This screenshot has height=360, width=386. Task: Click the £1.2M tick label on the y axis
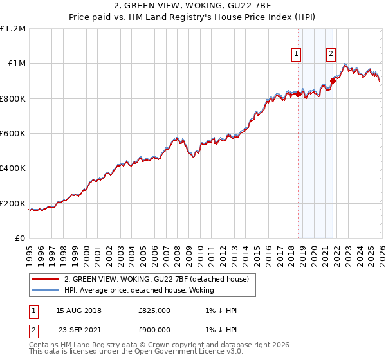point(14,29)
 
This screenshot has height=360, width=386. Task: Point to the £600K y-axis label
point(14,134)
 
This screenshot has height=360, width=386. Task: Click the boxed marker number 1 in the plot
point(297,54)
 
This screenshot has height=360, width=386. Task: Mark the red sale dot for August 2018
point(298,94)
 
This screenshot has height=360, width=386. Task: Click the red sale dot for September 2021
point(333,81)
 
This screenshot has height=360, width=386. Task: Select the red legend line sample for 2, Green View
point(46,279)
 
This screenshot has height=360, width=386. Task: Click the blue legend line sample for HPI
point(46,291)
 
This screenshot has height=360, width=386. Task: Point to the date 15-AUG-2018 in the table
point(78,310)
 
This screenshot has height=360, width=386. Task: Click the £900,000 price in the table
point(154,328)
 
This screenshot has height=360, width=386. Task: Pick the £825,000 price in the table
point(154,310)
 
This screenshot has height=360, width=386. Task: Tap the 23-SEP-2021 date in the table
point(78,328)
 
